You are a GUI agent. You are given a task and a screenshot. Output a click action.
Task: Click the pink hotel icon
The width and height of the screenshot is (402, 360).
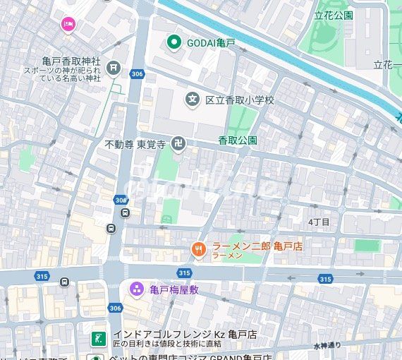pos(68,25)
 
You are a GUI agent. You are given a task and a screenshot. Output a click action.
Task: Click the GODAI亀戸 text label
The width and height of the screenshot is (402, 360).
pos(211,44)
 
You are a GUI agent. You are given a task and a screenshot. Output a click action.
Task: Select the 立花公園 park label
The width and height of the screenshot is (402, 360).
pos(334,15)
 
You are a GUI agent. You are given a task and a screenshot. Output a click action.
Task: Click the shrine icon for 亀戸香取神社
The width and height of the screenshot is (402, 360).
pos(114,68)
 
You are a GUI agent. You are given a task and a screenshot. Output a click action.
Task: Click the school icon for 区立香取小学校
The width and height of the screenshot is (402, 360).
pos(192,100)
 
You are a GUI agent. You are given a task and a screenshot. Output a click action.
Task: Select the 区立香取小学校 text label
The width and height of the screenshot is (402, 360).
pos(239,100)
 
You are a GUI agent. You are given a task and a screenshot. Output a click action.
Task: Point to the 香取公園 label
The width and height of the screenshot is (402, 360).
pos(237,140)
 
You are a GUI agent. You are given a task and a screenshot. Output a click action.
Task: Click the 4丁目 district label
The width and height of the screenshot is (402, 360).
pos(319,222)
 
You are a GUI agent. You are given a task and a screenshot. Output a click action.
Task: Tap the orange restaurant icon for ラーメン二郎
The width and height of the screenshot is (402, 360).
pos(199,248)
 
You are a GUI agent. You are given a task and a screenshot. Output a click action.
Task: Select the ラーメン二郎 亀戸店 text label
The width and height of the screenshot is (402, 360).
pos(248,246)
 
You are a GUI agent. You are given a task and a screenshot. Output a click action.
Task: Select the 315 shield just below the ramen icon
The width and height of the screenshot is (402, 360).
pos(184,272)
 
